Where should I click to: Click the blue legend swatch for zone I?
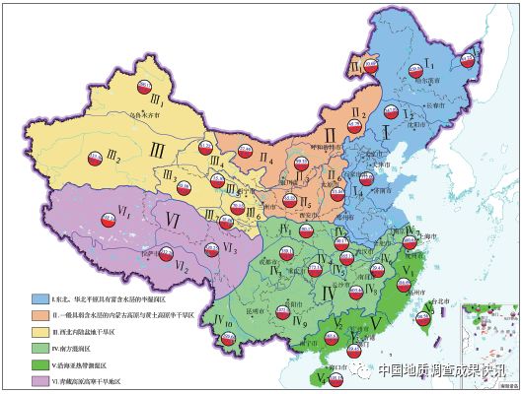pyautogui.click(x=36, y=296)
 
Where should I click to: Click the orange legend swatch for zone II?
pyautogui.click(x=36, y=314)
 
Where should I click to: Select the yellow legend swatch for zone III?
pyautogui.click(x=36, y=332)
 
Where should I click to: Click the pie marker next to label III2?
pyautogui.click(x=95, y=155)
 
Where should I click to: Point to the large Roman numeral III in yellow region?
pyautogui.click(x=158, y=149)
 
